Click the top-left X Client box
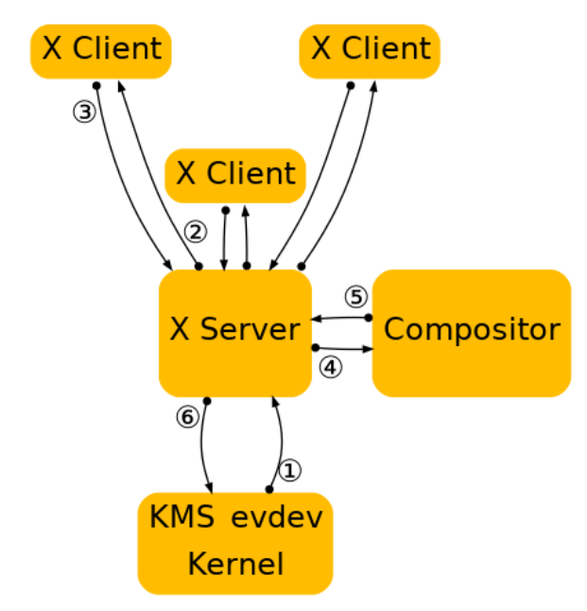100,50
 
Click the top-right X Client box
370,50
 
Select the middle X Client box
235,175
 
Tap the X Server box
235,331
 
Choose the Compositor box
472,331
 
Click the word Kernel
235,564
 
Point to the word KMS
183,518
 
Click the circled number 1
291,470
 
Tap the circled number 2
195,231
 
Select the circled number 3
84,112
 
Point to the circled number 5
354,297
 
